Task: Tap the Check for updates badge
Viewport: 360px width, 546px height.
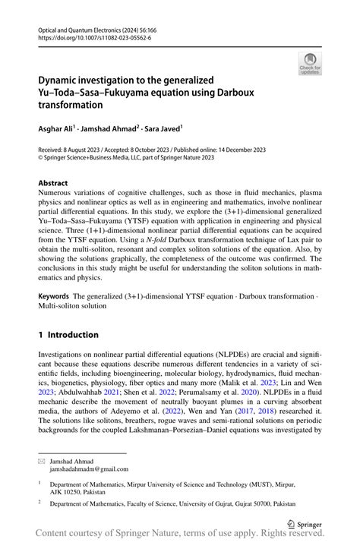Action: tap(310, 64)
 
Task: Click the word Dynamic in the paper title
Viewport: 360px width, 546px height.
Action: tap(62, 79)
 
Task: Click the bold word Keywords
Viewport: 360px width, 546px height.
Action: tap(54, 293)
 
